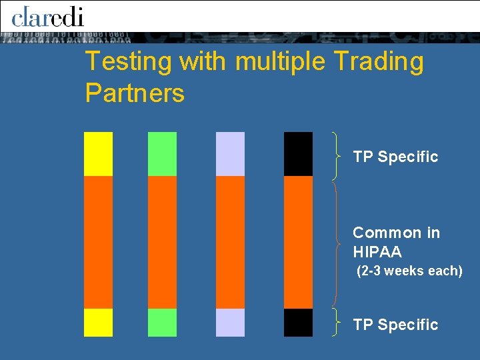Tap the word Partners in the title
(x=135, y=93)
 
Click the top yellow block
(x=98, y=154)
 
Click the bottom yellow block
(x=98, y=323)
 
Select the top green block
(x=162, y=154)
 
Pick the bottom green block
(x=162, y=323)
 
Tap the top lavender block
(x=230, y=154)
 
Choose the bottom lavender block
(x=230, y=323)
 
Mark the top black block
(x=298, y=154)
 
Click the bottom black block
(x=298, y=323)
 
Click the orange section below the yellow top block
(x=98, y=242)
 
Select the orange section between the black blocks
(x=298, y=242)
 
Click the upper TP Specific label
(x=395, y=157)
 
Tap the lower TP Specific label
(x=395, y=325)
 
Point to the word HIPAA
(x=377, y=252)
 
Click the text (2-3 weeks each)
(x=409, y=271)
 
